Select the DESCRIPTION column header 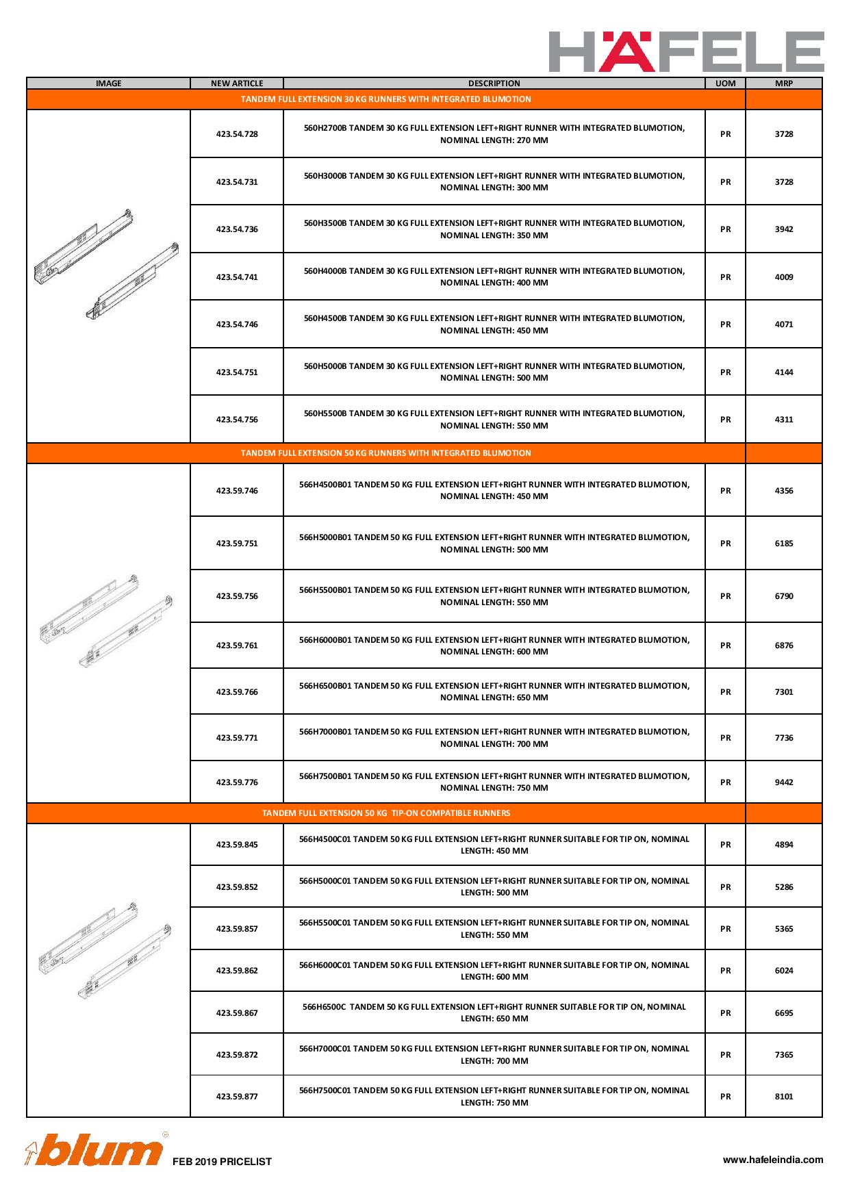[494, 84]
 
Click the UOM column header [725, 84]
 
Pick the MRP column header [783, 84]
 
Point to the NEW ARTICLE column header [237, 84]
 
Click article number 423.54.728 [237, 134]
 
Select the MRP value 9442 [784, 782]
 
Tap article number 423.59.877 [237, 1097]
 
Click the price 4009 [784, 277]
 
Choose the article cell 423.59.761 [237, 646]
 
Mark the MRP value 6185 [784, 544]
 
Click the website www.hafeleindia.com [773, 1160]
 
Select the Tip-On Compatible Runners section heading [386, 813]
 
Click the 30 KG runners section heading [386, 99]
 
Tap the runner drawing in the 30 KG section [107, 264]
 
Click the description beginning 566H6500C [494, 1012]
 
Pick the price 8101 [784, 1097]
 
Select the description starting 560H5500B [494, 420]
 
